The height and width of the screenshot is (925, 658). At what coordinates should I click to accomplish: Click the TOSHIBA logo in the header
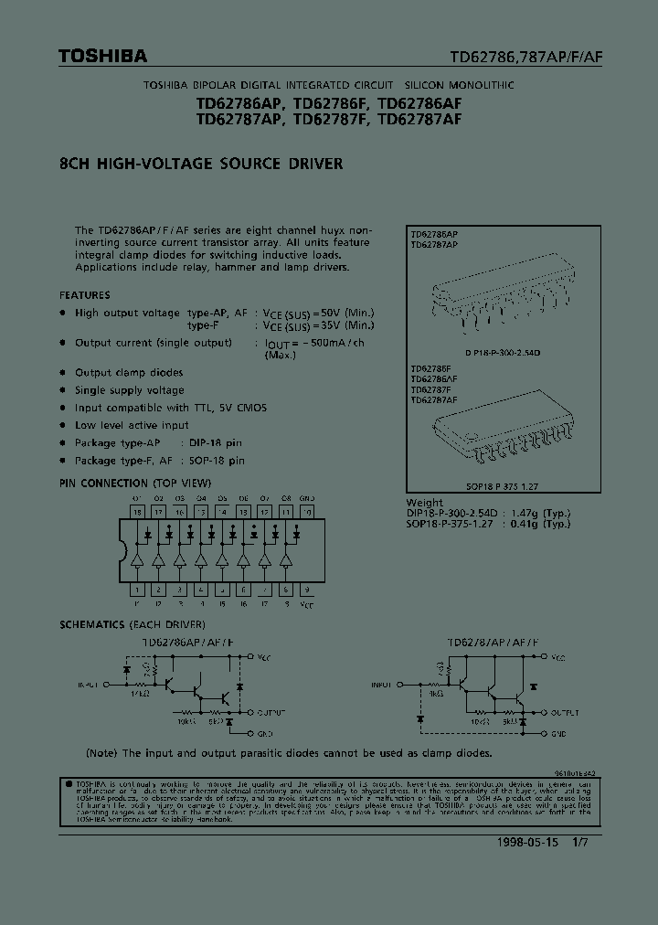(102, 57)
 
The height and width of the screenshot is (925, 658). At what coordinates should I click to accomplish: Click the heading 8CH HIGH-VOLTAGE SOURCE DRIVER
(201, 165)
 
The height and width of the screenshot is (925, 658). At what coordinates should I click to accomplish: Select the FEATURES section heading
(85, 295)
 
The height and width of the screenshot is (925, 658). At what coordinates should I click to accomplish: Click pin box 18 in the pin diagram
(137, 513)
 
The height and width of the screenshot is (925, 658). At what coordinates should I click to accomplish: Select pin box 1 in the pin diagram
(137, 590)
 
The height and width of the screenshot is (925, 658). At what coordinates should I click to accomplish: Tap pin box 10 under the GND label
(307, 513)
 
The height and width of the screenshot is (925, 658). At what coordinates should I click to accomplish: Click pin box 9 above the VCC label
(307, 590)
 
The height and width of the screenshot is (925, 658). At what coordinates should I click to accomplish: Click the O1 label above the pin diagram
(137, 499)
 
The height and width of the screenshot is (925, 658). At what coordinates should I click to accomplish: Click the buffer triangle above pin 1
(137, 559)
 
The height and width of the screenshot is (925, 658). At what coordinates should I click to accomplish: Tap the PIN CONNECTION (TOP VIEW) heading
(135, 483)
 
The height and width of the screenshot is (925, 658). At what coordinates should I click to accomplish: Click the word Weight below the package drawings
(425, 503)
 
